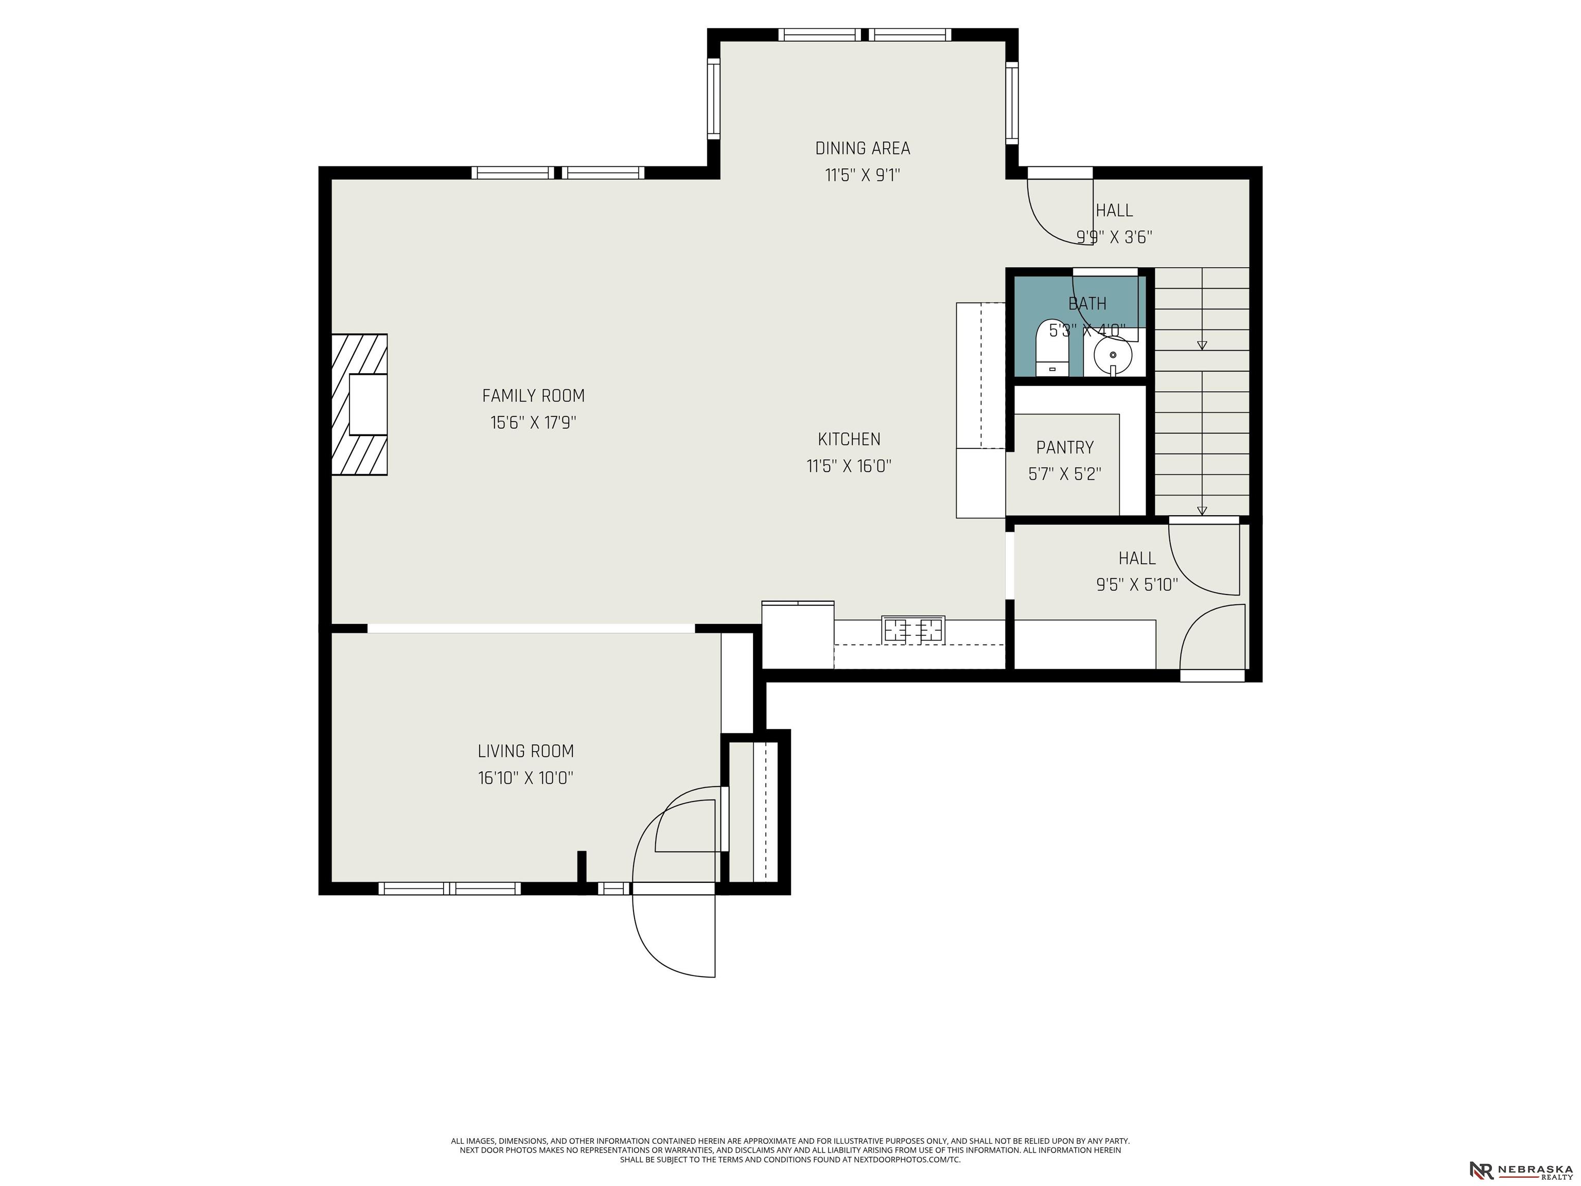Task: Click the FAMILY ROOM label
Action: (533, 395)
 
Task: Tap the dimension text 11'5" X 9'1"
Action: (863, 175)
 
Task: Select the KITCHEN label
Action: (849, 439)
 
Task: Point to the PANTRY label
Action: (1065, 447)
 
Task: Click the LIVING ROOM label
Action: (526, 751)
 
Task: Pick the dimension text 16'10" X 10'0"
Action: (526, 778)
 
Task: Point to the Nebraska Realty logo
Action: (1520, 1150)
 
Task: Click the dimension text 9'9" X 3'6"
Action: (1114, 237)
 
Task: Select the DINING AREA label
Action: (863, 149)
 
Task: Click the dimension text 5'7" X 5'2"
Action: (1065, 474)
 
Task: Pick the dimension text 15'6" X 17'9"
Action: (533, 423)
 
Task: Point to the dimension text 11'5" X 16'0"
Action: (849, 466)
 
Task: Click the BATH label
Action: (1087, 304)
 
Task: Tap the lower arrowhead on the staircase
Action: (1202, 511)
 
